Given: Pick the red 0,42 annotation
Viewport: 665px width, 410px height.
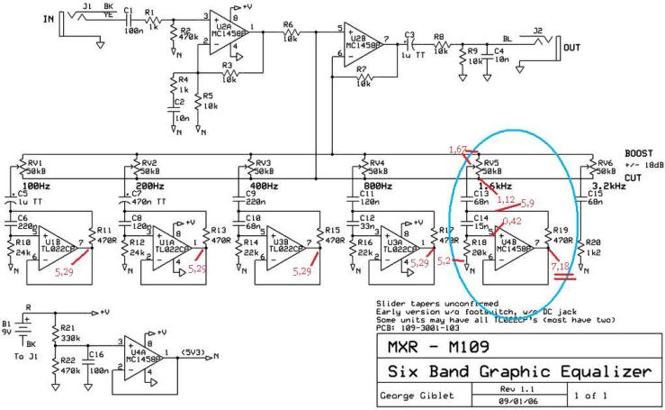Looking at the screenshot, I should click(x=511, y=219).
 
